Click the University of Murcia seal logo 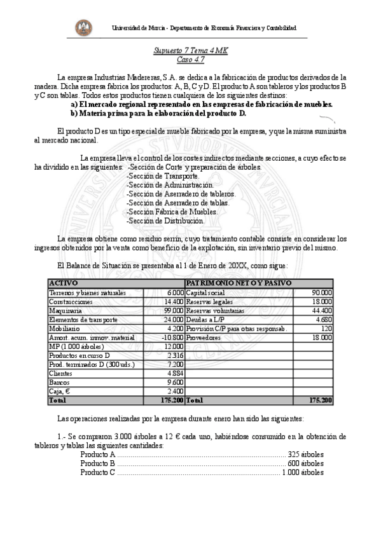(x=83, y=27)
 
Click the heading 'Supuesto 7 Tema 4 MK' (x=190, y=50)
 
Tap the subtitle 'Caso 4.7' (x=190, y=59)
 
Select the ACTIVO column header (x=63, y=282)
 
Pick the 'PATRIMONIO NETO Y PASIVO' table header (x=239, y=282)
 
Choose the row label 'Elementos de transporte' (x=83, y=319)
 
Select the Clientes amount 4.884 (x=174, y=373)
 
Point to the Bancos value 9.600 (x=174, y=382)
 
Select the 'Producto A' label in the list (x=97, y=454)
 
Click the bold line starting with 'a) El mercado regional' (x=202, y=104)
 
